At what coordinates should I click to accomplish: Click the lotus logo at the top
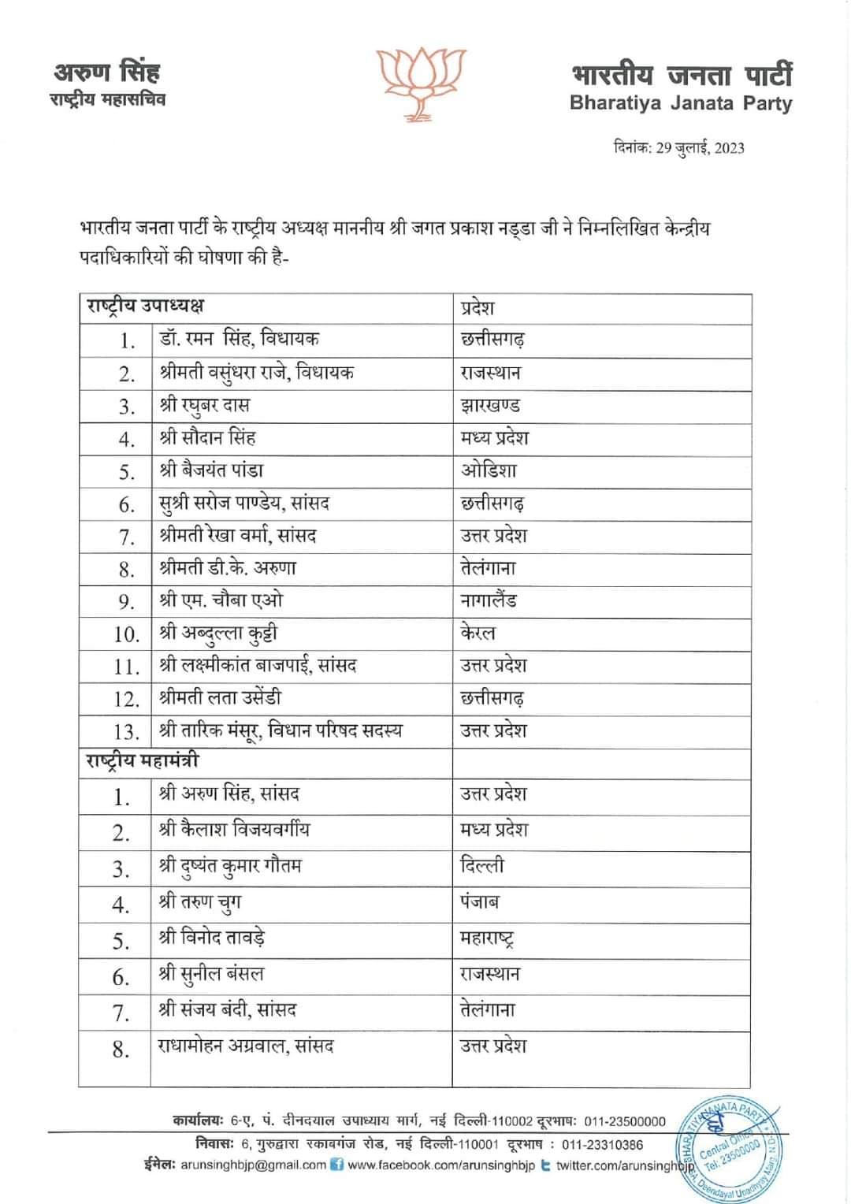coord(421,83)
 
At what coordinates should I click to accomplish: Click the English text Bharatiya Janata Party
coord(681,103)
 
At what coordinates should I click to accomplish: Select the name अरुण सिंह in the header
coord(107,72)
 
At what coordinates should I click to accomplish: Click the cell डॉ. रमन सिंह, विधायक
coord(239,340)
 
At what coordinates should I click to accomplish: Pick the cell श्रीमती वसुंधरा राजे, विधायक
coord(256,373)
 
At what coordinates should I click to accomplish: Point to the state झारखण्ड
coord(490,406)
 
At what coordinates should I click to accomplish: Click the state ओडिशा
coord(489,470)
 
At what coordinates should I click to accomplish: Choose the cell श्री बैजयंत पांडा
coord(211,470)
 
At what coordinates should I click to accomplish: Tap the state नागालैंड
coord(489,600)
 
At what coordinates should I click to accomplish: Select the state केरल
coord(478,633)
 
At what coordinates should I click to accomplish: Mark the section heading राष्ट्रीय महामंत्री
coord(143,761)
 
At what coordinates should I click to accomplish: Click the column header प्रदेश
coord(478,307)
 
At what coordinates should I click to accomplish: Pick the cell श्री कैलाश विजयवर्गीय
coord(234,829)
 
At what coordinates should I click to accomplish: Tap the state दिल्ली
coord(481,865)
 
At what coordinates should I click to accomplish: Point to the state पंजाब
coord(480,901)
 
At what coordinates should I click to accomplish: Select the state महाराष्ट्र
coord(487,938)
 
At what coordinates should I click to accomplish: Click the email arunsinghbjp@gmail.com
coord(253,1165)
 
